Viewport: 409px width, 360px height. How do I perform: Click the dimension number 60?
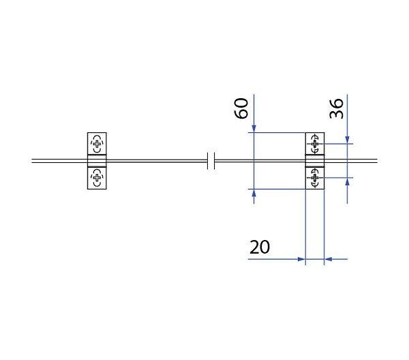[x=241, y=108]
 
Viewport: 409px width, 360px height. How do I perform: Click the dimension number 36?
[x=336, y=108]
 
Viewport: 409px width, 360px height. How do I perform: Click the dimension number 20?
[x=260, y=247]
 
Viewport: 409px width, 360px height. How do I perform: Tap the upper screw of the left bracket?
[x=97, y=143]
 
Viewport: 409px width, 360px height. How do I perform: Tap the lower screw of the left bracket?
[x=97, y=178]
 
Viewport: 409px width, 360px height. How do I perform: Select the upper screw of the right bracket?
[x=315, y=143]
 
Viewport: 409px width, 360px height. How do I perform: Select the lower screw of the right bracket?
[x=315, y=178]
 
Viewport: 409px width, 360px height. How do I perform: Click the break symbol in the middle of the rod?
[x=211, y=161]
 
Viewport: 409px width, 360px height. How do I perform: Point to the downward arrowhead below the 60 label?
[x=254, y=129]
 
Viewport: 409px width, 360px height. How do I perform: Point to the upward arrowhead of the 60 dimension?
[x=254, y=193]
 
